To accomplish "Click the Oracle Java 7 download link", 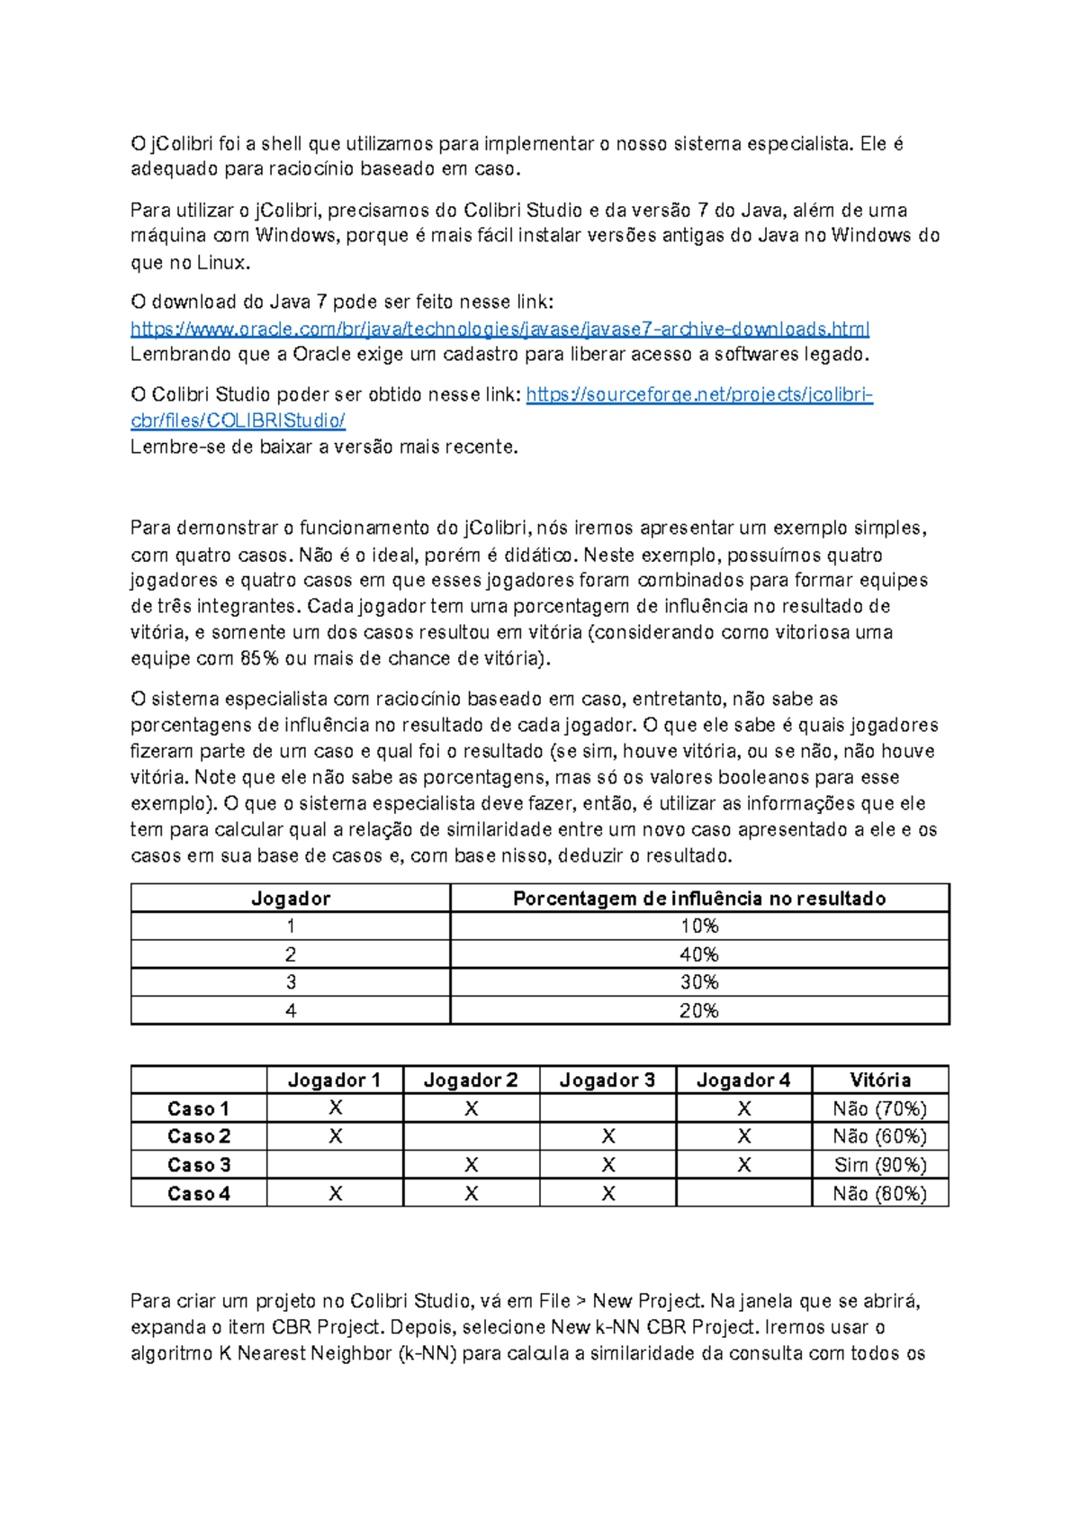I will coord(499,329).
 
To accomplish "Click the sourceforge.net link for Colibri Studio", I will coord(698,394).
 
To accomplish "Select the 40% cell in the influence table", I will coord(698,954).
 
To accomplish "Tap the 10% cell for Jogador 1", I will coord(698,926).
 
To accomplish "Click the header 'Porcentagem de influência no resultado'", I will coord(698,898).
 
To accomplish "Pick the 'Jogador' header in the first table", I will coord(290,898).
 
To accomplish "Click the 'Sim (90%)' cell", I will coord(879,1165).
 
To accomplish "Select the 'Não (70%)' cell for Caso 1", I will coord(879,1108).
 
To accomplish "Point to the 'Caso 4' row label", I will coord(199,1194).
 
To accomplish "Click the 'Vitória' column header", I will coord(879,1080).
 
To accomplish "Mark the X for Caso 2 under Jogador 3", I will coord(607,1137).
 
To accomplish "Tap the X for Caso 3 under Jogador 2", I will coord(471,1165).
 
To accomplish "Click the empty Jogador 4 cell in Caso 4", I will coord(743,1194).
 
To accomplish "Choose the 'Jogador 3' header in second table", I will coord(607,1080).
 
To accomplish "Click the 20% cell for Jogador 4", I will coord(698,1010).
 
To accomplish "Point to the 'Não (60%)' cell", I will coord(879,1137).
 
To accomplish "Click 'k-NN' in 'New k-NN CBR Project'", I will coord(618,1327).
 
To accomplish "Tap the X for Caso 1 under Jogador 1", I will coord(335,1108).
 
